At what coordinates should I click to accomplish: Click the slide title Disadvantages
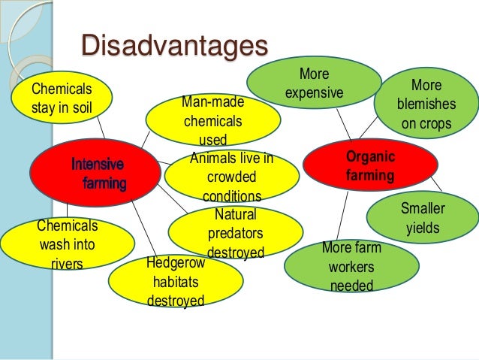tap(173, 45)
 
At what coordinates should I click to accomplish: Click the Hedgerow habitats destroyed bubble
tap(176, 283)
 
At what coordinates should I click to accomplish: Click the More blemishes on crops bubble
tap(426, 104)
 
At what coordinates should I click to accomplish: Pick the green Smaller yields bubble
tap(423, 217)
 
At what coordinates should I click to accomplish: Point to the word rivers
tap(67, 263)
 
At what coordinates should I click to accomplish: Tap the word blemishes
tap(426, 104)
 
